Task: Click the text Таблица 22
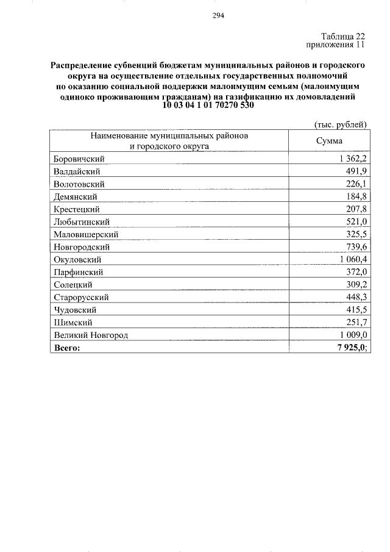(343, 37)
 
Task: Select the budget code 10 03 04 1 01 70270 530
(208, 106)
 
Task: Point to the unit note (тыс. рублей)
(339, 124)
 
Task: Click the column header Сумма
(329, 141)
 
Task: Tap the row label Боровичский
(80, 159)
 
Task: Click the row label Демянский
(76, 196)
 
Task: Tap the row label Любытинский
(82, 221)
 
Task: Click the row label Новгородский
(82, 247)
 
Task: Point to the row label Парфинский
(78, 272)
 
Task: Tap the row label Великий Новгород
(91, 335)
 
